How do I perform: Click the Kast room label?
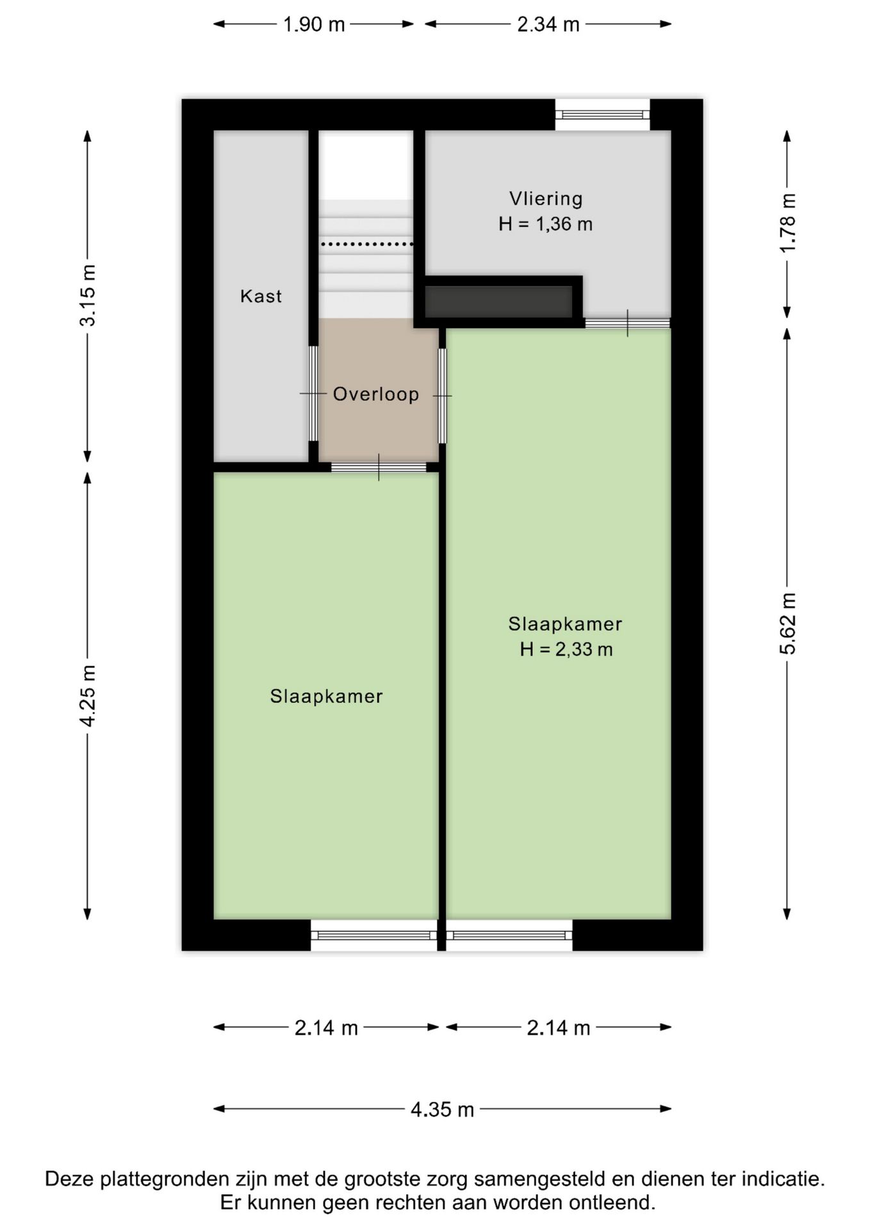261,296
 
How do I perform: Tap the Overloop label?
376,394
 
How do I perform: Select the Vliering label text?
546,199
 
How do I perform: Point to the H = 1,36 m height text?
546,224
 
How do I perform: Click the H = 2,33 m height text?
566,650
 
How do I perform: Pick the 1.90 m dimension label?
314,24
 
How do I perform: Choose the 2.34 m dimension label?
548,24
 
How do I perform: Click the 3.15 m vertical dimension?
88,295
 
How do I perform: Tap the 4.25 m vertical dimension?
88,696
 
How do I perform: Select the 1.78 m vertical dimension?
787,223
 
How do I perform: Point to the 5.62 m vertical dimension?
787,624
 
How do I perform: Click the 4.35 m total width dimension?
442,1109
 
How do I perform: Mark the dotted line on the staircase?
367,244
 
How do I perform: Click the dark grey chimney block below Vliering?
498,302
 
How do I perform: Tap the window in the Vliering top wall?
602,115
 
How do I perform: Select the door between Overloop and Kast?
313,393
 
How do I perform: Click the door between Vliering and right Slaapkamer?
628,323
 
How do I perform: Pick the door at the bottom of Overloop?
379,467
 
